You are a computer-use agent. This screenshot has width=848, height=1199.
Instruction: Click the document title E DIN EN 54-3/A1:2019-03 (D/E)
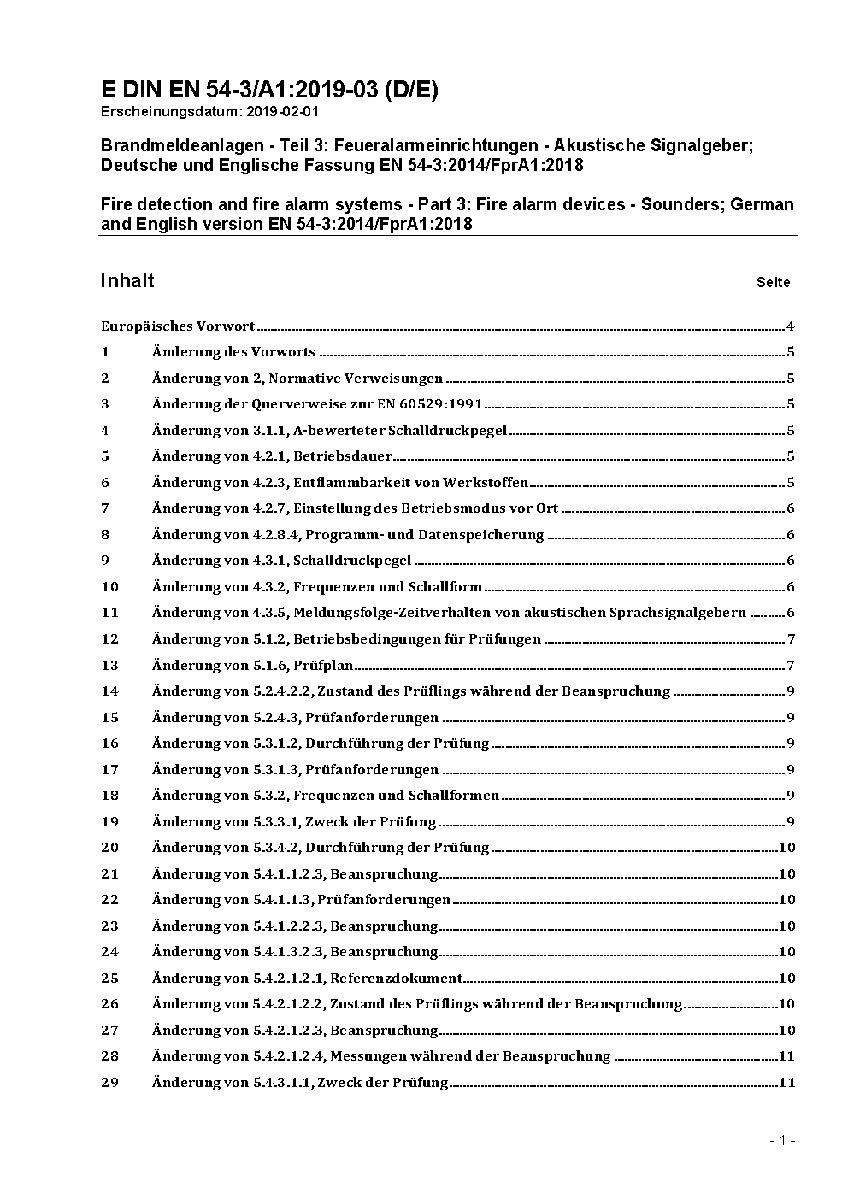pyautogui.click(x=269, y=90)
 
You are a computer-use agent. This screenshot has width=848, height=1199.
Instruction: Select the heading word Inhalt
pyautogui.click(x=127, y=280)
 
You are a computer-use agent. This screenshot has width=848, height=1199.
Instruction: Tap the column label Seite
pyautogui.click(x=773, y=282)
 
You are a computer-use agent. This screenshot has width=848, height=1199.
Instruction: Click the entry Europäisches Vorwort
pyautogui.click(x=178, y=326)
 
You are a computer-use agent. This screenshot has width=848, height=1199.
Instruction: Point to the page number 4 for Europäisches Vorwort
pyautogui.click(x=791, y=326)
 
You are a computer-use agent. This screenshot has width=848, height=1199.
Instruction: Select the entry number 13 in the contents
pyautogui.click(x=109, y=665)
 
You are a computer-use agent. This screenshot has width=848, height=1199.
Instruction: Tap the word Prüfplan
pyautogui.click(x=329, y=665)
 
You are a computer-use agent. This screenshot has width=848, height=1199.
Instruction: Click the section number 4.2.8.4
pyautogui.click(x=273, y=535)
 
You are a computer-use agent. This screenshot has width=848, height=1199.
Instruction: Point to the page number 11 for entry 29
pyautogui.click(x=787, y=1083)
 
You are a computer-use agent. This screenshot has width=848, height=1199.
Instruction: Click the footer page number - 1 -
pyautogui.click(x=782, y=1140)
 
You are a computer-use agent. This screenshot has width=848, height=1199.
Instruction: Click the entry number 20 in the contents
pyautogui.click(x=109, y=848)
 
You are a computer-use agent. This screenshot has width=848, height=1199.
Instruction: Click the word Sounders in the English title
pyautogui.click(x=680, y=204)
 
